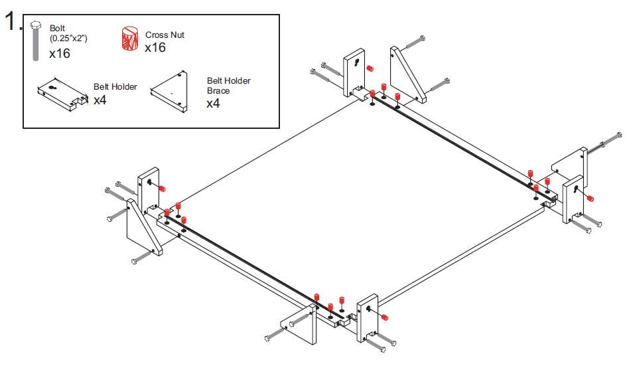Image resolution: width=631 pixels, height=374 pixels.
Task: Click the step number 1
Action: point(13,23)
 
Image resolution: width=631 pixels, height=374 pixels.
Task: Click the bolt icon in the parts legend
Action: point(36,44)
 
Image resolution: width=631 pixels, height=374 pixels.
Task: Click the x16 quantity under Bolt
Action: point(60,53)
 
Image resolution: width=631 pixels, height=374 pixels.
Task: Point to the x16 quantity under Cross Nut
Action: point(155,47)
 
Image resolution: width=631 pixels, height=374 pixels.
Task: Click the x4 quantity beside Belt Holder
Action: point(100,100)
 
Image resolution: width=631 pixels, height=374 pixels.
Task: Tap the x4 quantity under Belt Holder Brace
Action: point(213,104)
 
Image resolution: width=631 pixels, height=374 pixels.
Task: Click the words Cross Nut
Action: point(165,35)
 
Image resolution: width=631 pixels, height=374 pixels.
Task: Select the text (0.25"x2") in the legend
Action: point(68,39)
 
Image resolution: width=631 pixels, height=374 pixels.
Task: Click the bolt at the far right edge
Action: point(609,141)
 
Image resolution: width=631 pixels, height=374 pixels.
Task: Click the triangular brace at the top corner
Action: point(406,73)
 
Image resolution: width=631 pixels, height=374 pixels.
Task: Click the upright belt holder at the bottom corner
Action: point(366,318)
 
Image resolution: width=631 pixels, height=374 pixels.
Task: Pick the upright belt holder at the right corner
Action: point(572,199)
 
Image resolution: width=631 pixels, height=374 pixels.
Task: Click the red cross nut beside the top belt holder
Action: point(370,68)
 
